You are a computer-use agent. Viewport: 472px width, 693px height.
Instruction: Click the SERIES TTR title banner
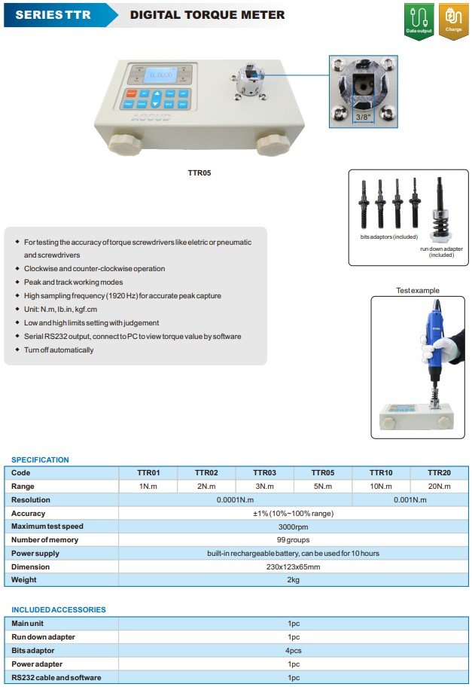click(55, 14)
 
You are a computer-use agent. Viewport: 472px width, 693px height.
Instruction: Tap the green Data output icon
click(419, 20)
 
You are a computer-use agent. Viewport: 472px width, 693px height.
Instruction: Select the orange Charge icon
click(453, 20)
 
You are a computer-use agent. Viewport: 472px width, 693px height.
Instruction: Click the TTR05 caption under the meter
click(199, 172)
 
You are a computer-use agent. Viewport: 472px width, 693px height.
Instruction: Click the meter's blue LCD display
click(160, 75)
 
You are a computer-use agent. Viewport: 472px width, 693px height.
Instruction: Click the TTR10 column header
click(381, 472)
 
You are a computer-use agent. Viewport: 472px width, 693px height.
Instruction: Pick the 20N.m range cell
click(439, 486)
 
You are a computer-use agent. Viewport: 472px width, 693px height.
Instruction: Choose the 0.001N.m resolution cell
click(410, 499)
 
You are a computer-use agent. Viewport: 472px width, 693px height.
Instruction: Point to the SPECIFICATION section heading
click(40, 459)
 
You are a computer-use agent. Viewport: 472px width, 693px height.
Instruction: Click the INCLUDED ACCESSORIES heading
click(59, 609)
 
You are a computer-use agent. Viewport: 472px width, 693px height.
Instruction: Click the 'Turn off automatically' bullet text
click(59, 350)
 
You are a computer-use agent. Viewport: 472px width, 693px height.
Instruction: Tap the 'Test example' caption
click(418, 291)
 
